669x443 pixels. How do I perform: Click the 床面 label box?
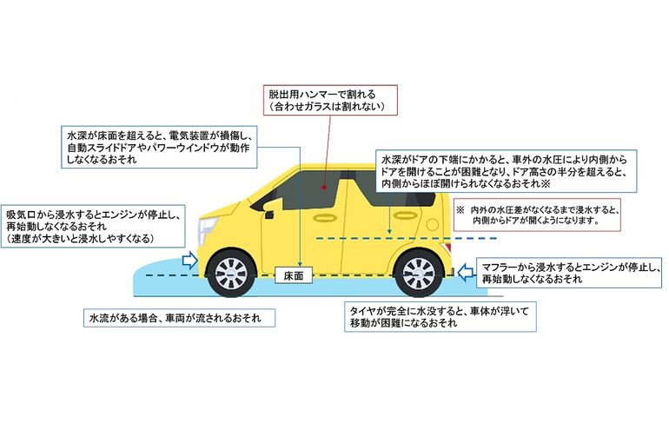click(x=294, y=275)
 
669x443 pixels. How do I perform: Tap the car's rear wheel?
click(x=419, y=273)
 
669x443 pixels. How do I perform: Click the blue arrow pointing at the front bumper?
click(x=189, y=260)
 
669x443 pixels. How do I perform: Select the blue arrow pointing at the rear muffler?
click(x=466, y=271)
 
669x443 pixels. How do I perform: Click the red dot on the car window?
click(x=324, y=187)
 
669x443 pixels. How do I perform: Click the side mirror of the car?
click(x=268, y=214)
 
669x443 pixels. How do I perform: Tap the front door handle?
click(x=325, y=217)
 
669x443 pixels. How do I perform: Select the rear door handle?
click(x=405, y=215)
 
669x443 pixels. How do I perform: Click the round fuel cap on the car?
click(x=432, y=224)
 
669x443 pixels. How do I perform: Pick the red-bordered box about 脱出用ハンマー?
click(x=330, y=100)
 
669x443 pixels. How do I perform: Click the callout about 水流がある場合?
click(x=179, y=318)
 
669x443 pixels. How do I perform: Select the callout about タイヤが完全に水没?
click(x=440, y=317)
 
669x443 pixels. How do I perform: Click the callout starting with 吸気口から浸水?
click(x=93, y=226)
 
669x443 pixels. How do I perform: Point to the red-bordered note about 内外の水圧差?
click(x=537, y=215)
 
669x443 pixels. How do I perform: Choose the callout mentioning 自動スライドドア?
click(x=159, y=147)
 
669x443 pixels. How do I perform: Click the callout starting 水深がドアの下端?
click(x=507, y=171)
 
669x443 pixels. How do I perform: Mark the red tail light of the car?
click(x=447, y=248)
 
